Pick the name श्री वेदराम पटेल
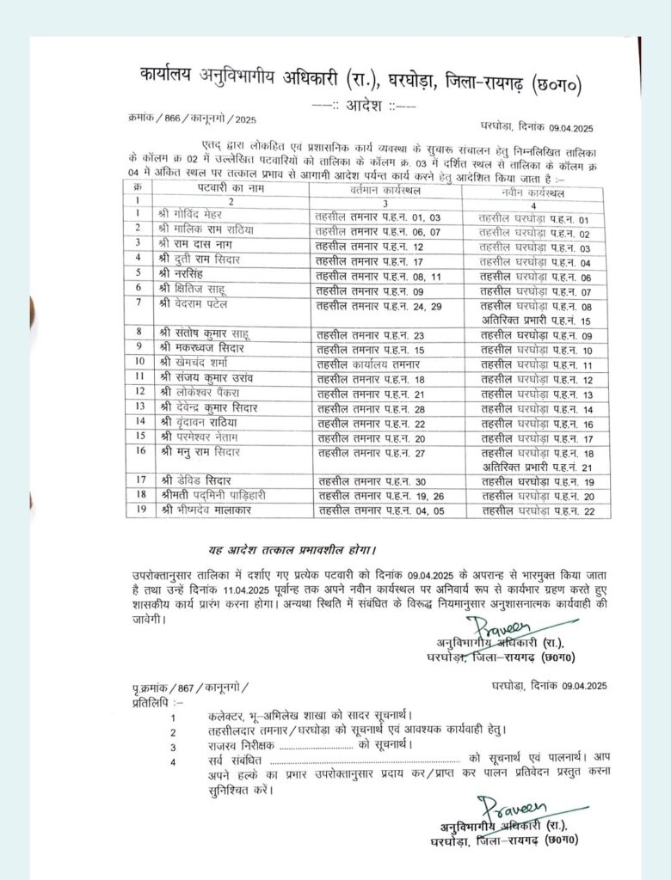(x=196, y=305)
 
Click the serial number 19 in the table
(x=138, y=510)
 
